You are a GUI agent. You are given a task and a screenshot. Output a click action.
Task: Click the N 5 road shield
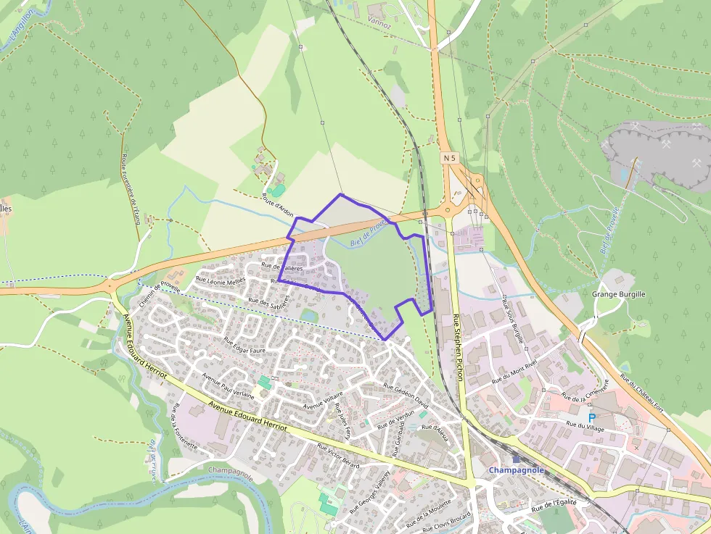click(449, 157)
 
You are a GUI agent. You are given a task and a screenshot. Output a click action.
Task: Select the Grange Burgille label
click(618, 294)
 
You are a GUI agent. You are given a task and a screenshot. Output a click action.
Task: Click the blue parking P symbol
click(591, 418)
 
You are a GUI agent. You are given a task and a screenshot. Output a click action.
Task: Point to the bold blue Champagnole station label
click(516, 470)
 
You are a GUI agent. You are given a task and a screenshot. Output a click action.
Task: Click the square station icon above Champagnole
click(516, 459)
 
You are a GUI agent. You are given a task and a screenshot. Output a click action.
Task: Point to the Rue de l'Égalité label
click(554, 506)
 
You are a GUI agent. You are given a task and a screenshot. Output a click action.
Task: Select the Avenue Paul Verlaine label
click(228, 386)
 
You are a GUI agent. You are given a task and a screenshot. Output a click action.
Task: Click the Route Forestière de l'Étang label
click(130, 184)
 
